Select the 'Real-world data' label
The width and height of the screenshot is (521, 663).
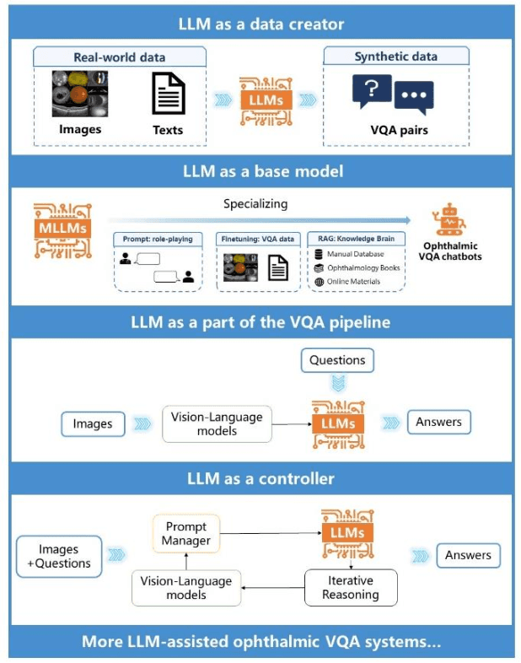[x=120, y=57]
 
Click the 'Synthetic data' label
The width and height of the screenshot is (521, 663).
[x=395, y=57]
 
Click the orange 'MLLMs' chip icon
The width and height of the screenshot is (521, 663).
[x=61, y=226]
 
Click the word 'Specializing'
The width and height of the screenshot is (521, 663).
[x=255, y=204]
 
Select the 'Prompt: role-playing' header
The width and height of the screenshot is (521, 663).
[x=158, y=239]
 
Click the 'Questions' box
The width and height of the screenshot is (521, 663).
[x=337, y=360]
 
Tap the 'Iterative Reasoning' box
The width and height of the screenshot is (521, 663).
[x=350, y=587]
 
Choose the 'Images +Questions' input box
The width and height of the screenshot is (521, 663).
[x=58, y=557]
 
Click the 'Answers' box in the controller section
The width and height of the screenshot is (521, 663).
[x=468, y=555]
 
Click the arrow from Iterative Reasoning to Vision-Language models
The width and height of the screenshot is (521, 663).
[x=272, y=587]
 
